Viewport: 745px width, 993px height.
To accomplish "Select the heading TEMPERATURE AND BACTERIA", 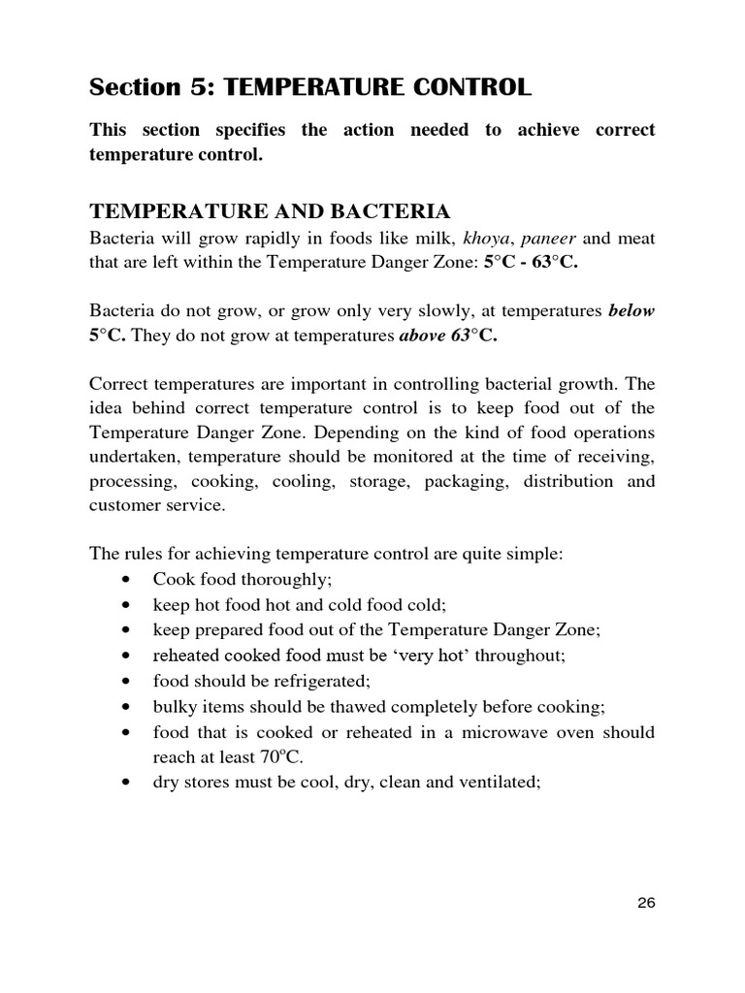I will click(x=270, y=211).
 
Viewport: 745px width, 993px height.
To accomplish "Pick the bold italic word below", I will click(x=632, y=311).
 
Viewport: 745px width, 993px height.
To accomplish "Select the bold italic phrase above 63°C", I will click(x=448, y=336).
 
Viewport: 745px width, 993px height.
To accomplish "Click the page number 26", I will click(x=647, y=903).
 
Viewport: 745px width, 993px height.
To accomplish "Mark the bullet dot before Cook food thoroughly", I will click(x=128, y=580).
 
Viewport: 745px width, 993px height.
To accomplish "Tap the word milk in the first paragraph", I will click(x=427, y=239).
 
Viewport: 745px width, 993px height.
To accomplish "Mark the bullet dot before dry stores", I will click(x=128, y=782).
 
